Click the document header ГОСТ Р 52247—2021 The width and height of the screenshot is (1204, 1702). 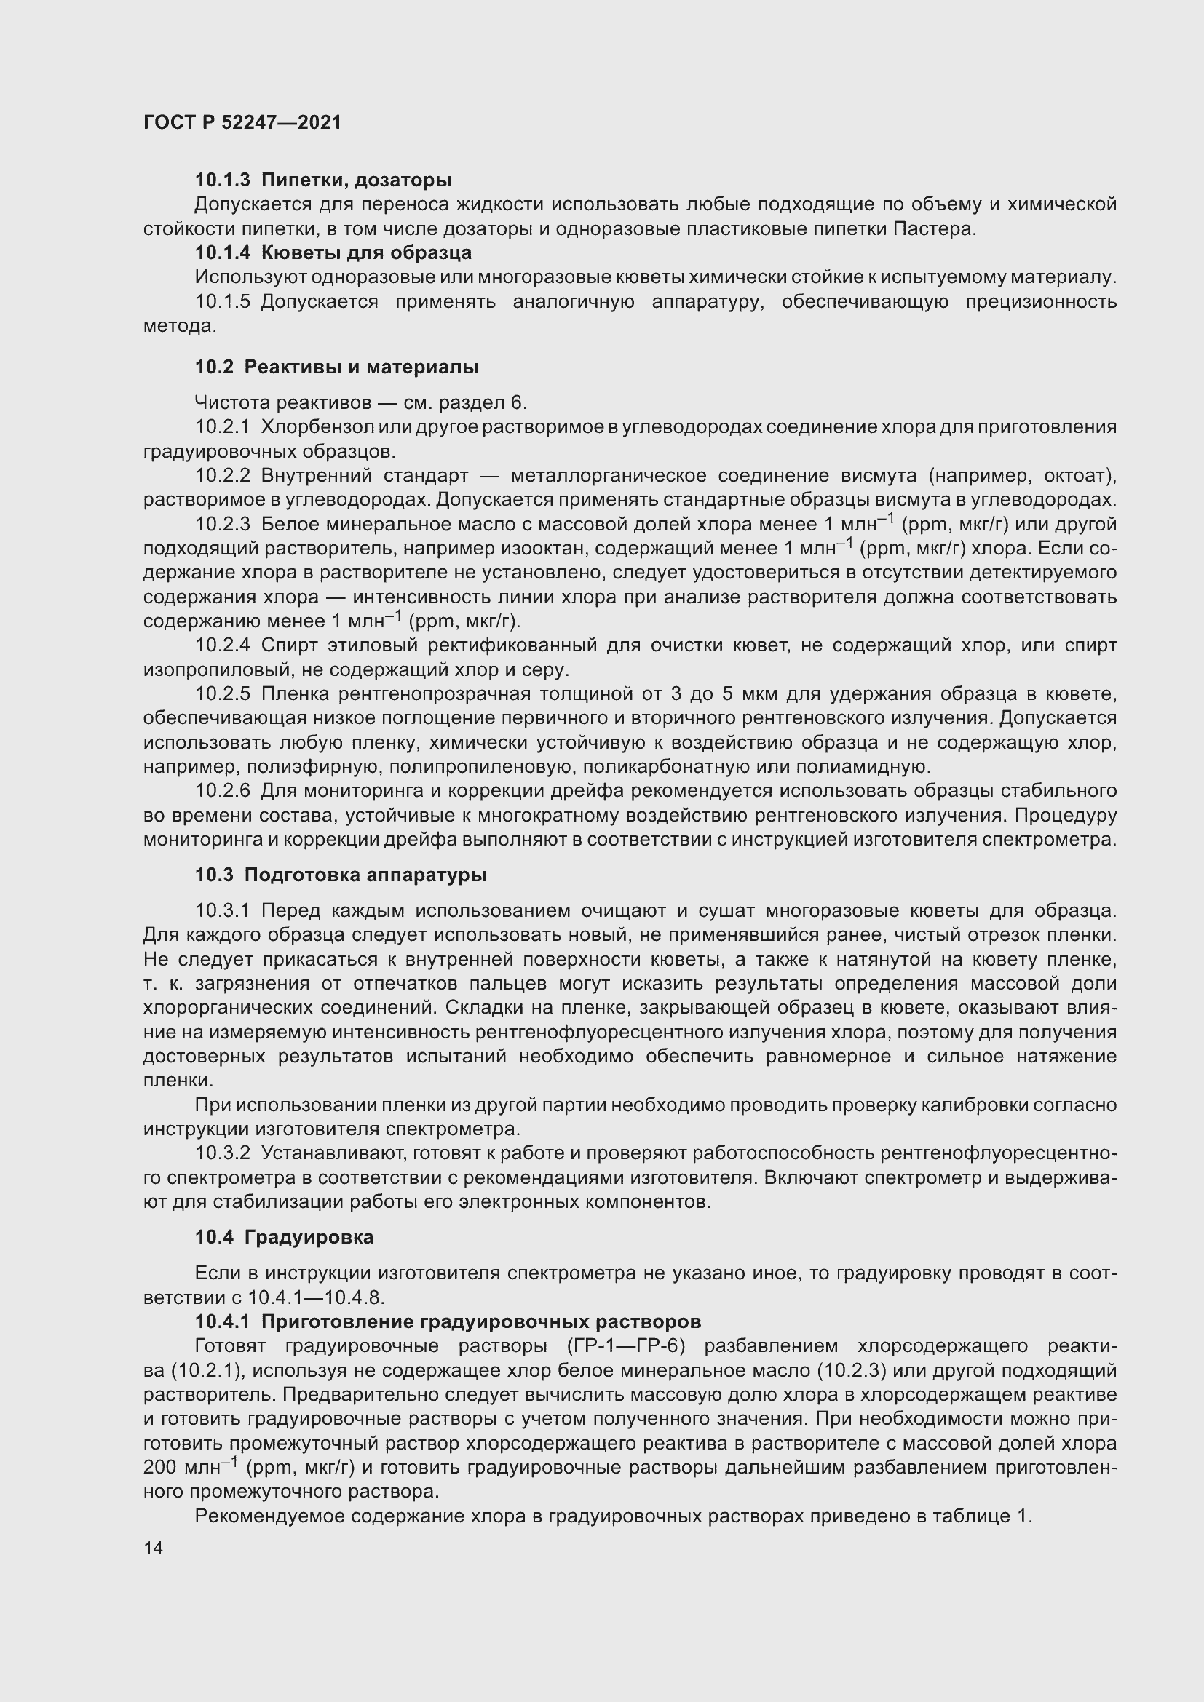pos(242,122)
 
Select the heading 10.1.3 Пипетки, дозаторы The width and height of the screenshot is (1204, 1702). pos(323,180)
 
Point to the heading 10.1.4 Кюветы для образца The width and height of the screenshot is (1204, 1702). pos(333,252)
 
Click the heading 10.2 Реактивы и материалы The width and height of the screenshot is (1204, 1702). pos(336,367)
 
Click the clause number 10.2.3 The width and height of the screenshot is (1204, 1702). pos(223,524)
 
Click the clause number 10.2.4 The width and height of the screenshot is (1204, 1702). pos(223,645)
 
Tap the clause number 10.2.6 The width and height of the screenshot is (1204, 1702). pos(223,791)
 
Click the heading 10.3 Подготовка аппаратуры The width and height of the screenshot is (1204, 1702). pos(341,875)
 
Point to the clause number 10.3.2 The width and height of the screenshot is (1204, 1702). pos(223,1153)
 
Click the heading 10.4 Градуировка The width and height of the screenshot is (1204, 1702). pos(284,1237)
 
